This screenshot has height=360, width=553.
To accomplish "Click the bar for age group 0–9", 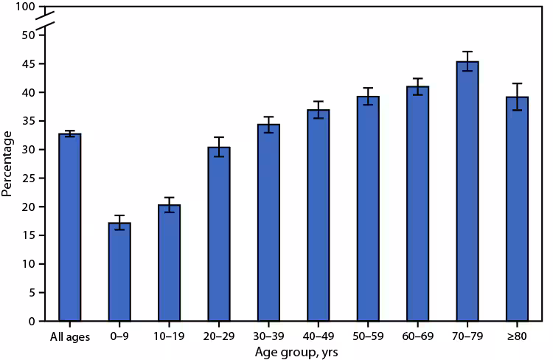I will (119, 272).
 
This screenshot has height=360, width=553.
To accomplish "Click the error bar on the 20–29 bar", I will (219, 147).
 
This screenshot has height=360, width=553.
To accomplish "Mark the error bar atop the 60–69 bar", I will (417, 86).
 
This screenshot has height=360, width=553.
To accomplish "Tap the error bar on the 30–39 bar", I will (268, 125).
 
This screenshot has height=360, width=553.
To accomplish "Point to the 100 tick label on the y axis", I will (27, 7).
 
